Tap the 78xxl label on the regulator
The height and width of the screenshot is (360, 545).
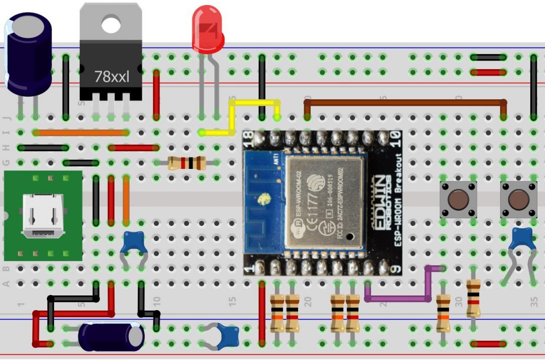[112, 77]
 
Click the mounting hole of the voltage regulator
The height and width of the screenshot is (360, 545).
[111, 23]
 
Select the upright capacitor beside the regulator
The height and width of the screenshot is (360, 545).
[28, 53]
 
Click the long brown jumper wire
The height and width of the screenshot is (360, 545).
[404, 102]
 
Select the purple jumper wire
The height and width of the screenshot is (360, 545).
[399, 297]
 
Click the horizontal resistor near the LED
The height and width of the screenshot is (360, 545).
[186, 163]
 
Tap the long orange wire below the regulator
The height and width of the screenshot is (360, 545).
[81, 133]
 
